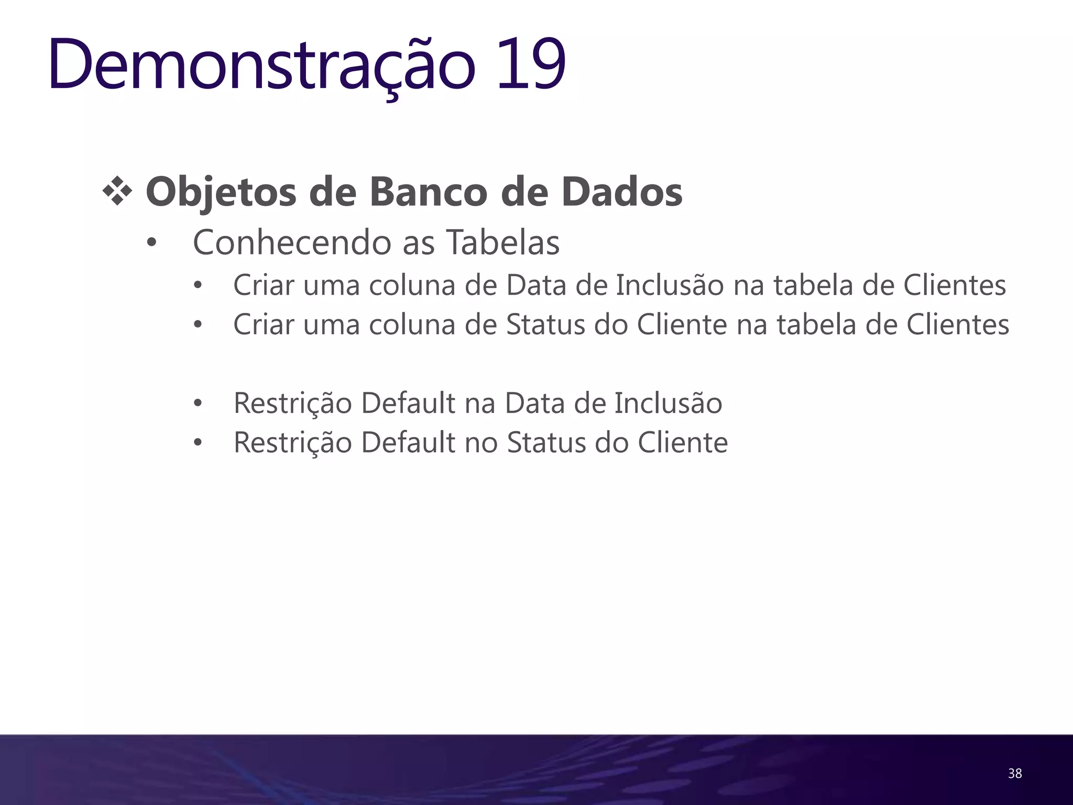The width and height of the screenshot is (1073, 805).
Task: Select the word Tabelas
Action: pos(502,242)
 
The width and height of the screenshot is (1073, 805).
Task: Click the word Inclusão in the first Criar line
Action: pos(670,285)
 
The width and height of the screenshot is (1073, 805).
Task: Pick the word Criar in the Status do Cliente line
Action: pos(264,324)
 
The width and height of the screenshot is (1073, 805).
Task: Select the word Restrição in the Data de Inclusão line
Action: pos(292,404)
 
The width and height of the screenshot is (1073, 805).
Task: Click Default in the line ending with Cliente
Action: pos(408,442)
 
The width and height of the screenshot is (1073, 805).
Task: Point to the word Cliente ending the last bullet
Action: pos(683,442)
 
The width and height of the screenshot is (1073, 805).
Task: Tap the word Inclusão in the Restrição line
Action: pos(668,403)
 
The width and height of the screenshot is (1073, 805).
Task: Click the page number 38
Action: pos(1014,773)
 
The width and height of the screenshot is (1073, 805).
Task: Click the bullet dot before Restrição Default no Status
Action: pos(198,443)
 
